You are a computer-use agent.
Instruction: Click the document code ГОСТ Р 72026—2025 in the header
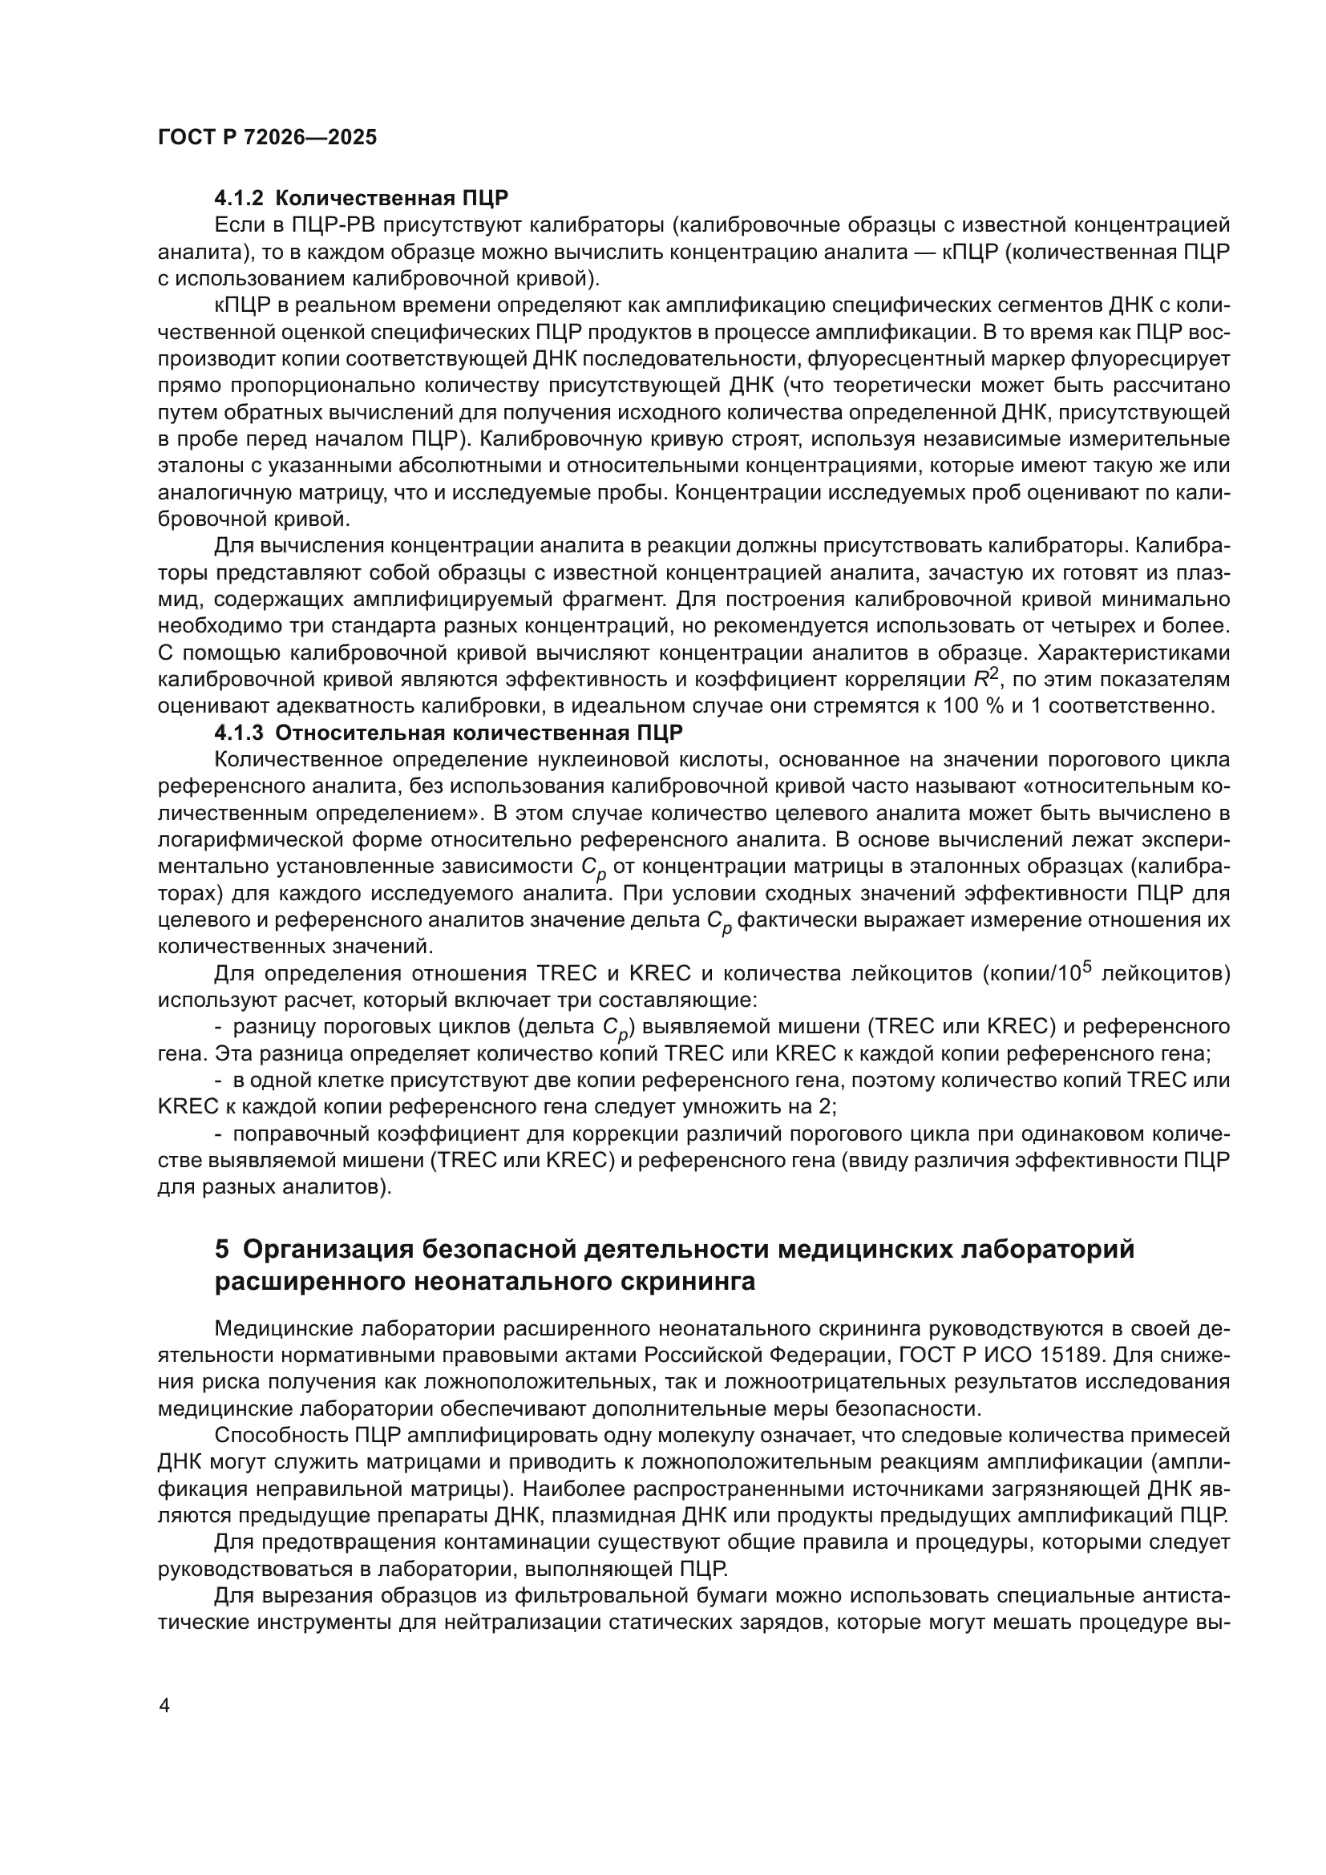pyautogui.click(x=267, y=137)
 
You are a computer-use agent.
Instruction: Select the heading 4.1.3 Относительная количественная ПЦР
pyautogui.click(x=448, y=732)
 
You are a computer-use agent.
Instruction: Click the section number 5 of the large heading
pyautogui.click(x=222, y=1250)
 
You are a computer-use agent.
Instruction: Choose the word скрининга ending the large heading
pyautogui.click(x=689, y=1282)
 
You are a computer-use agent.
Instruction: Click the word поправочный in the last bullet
pyautogui.click(x=303, y=1133)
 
